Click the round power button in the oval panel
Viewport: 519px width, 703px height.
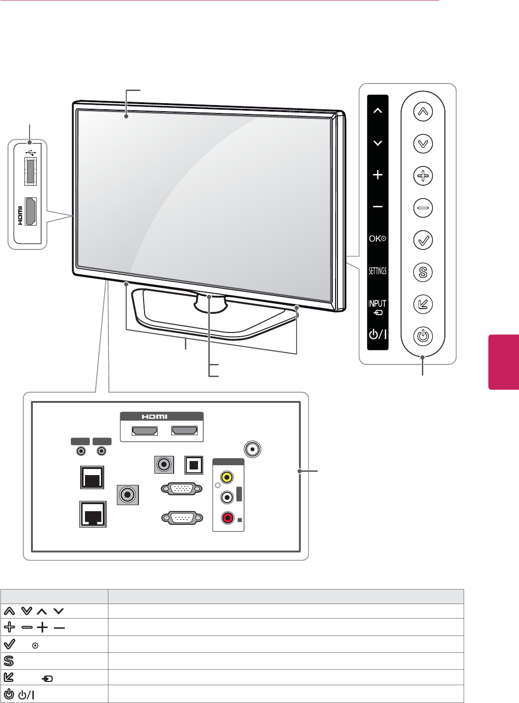[423, 336]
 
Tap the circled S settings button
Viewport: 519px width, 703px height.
[423, 272]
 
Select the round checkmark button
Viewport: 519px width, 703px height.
[423, 240]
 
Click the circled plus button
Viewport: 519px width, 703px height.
[423, 176]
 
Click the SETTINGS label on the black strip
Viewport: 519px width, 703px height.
[377, 271]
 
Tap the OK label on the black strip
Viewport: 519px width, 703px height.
[377, 239]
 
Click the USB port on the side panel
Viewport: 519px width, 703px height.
[30, 172]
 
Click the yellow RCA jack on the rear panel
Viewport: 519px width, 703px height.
[227, 477]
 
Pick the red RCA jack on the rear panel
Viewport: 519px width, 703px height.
[228, 518]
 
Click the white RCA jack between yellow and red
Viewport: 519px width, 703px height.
[228, 497]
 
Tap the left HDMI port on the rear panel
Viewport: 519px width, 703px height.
[145, 431]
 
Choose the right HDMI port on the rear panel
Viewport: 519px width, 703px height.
[184, 431]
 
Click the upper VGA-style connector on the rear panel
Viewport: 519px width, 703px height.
[182, 489]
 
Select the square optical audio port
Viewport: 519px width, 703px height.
[194, 465]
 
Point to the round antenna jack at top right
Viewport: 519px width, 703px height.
[253, 449]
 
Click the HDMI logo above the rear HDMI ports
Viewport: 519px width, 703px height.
[155, 416]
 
